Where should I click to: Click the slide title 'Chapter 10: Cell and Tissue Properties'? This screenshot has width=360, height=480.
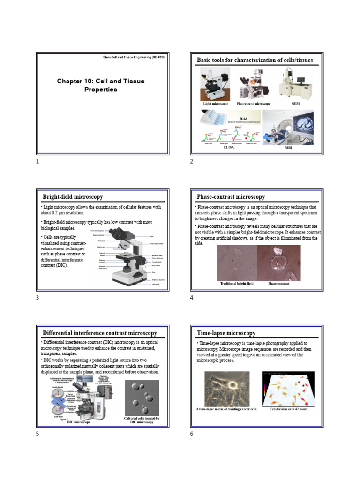pos(101,85)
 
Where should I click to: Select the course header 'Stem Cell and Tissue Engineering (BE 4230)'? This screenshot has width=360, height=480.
pos(134,57)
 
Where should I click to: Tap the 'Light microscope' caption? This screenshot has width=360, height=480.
pos(215,104)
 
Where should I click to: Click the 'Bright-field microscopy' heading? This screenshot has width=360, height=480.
pos(73,197)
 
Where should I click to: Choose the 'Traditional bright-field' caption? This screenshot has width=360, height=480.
pos(236,284)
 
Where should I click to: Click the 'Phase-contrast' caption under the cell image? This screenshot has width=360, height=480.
pos(278,284)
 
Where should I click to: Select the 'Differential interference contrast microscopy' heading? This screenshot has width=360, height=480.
pos(100,333)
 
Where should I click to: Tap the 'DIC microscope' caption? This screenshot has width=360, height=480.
pos(79,422)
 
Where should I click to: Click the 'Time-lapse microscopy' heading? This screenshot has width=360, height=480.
pos(226,333)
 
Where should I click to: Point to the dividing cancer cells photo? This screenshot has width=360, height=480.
pos(227,389)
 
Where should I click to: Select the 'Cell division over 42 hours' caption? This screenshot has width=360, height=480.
pos(288,409)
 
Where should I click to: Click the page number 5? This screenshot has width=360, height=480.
pos(37,434)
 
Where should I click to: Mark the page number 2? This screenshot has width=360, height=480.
pos(191,162)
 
